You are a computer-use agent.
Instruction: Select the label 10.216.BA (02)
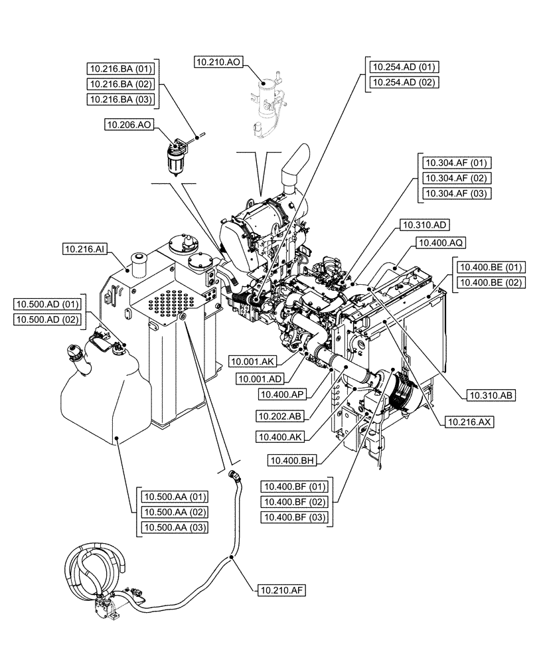coord(121,84)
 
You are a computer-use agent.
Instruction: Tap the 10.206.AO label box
coord(129,124)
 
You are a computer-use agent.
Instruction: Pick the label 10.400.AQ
coord(439,244)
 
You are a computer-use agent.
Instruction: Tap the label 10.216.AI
coord(85,249)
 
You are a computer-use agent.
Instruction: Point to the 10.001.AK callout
coord(252,362)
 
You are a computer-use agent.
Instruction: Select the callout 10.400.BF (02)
coord(296,501)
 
